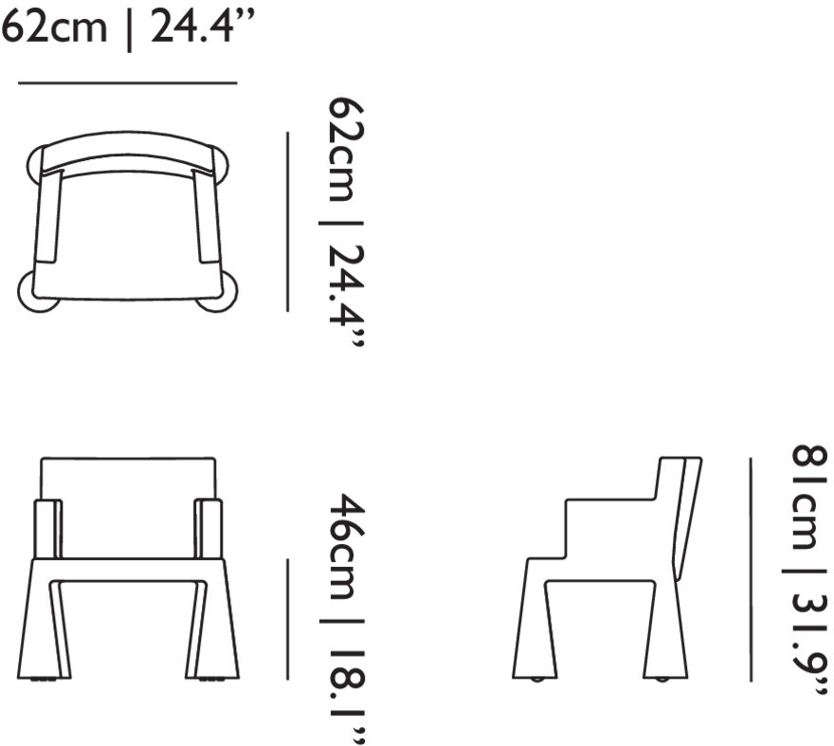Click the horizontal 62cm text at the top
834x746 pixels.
coord(53,27)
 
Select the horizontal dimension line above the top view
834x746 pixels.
coord(127,83)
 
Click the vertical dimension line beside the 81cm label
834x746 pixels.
coord(751,570)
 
